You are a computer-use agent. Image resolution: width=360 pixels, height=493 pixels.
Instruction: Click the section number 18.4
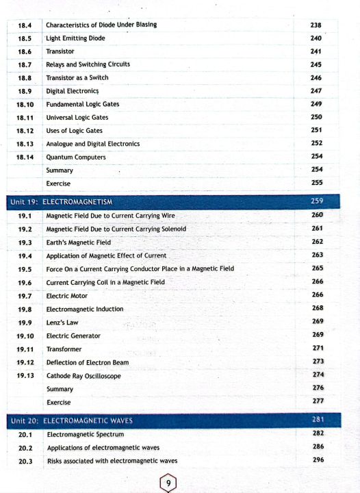point(25,25)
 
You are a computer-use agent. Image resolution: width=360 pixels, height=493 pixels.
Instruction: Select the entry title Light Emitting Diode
point(75,38)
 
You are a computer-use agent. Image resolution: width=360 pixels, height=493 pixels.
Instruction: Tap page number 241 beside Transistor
point(316,51)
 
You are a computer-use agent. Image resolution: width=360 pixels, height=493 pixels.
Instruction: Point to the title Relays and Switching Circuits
point(88,64)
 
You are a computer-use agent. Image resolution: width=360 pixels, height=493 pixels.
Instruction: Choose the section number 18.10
point(25,104)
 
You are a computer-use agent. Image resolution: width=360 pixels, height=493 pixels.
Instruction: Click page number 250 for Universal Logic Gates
point(316,117)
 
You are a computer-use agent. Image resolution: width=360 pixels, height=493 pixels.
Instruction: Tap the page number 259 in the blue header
point(317,201)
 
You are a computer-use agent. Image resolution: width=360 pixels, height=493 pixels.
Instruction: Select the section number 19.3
point(25,242)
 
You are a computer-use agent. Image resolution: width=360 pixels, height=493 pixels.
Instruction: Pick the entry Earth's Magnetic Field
point(78,242)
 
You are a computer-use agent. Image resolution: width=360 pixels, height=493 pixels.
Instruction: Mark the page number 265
point(318,268)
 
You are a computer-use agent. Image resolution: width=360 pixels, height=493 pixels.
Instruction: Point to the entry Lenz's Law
point(62,323)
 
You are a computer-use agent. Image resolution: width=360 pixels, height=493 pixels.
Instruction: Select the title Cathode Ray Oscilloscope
point(83,376)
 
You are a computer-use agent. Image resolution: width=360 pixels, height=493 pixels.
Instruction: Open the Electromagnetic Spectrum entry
point(85,435)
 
